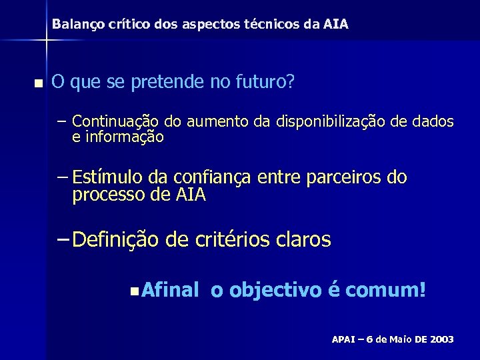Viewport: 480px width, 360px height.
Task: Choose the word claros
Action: click(303, 239)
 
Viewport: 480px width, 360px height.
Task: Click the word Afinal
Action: click(171, 291)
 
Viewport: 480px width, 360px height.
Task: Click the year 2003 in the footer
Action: click(441, 339)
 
